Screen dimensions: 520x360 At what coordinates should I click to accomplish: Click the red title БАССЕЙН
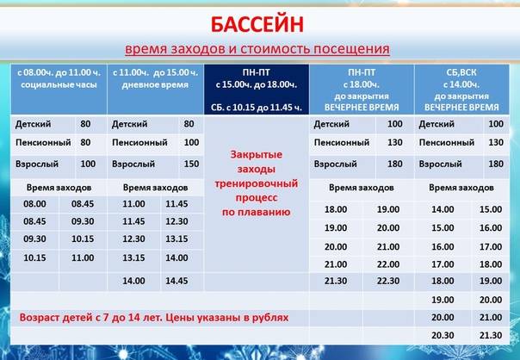[257, 25]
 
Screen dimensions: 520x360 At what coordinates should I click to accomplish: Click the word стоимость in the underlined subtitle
[275, 49]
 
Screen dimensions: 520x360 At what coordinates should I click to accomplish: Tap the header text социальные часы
[59, 85]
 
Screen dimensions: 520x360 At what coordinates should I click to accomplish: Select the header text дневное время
[155, 85]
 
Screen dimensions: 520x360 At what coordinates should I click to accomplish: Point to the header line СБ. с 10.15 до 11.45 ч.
[257, 108]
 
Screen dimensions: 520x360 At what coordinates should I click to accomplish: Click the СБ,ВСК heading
[461, 72]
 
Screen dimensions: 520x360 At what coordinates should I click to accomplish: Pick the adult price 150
[191, 164]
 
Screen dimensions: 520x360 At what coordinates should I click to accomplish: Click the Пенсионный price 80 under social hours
[85, 142]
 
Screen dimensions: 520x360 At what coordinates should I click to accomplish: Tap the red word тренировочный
[256, 183]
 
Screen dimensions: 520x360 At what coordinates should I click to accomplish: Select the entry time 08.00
[34, 204]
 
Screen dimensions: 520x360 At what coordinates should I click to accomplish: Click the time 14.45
[176, 281]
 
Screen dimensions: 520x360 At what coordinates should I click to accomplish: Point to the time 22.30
[388, 281]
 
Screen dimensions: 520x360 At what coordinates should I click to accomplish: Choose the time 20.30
[443, 335]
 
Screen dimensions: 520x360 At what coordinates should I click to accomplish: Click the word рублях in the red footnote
[270, 318]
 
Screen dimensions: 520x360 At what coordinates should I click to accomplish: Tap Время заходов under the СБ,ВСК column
[461, 188]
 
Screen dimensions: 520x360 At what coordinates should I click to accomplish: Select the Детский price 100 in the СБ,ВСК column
[496, 124]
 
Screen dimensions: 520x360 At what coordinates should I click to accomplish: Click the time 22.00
[388, 264]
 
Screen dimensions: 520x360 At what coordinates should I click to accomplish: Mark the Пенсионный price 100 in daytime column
[191, 142]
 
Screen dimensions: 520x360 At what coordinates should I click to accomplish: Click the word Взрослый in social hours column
[37, 164]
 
